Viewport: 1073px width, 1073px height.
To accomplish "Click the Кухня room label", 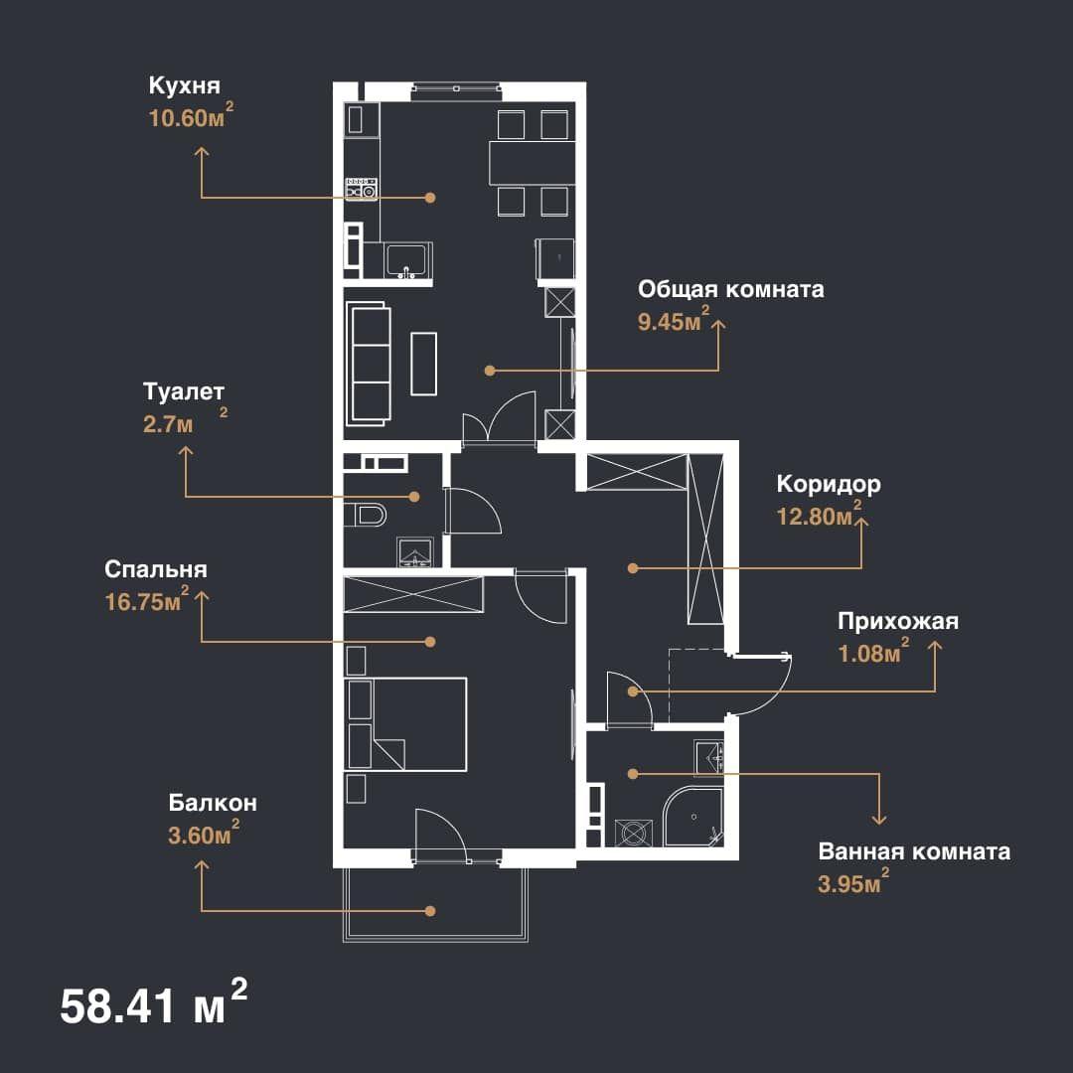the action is (x=184, y=86).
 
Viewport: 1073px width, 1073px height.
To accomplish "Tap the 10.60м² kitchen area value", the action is (x=191, y=116).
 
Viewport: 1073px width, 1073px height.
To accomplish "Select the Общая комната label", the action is (x=731, y=289).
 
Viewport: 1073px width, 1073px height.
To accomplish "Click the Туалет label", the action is (x=184, y=392).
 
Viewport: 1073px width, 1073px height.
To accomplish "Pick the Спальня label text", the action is (x=156, y=570).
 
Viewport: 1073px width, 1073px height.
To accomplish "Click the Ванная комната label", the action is (x=914, y=852).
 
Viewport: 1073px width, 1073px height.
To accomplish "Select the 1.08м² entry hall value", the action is (x=874, y=652).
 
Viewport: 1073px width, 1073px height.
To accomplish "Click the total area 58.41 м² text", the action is (x=154, y=1003).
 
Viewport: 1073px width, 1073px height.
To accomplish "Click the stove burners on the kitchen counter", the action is (x=362, y=188).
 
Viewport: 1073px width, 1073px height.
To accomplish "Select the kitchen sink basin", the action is (x=408, y=260).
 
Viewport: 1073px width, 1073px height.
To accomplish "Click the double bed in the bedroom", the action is (x=406, y=724).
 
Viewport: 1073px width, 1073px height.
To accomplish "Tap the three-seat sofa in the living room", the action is (x=371, y=364).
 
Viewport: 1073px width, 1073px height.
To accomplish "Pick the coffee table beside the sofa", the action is (x=423, y=364).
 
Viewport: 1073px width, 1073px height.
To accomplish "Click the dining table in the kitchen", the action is (x=532, y=163).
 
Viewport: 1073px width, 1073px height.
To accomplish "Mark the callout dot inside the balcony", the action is (x=430, y=911).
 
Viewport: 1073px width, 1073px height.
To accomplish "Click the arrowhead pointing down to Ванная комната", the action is (x=879, y=819).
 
